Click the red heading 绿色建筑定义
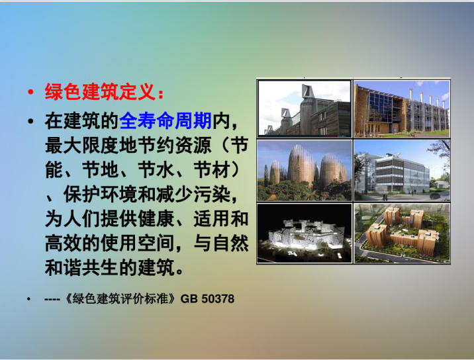tap(100, 91)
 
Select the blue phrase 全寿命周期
tap(166, 121)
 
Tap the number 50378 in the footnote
tap(218, 298)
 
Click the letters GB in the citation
tap(189, 298)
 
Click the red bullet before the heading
tap(30, 92)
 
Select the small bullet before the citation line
tap(28, 299)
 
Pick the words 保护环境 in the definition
tap(101, 195)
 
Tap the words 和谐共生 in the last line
tap(82, 267)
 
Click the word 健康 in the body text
tap(156, 218)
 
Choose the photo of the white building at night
tap(305, 234)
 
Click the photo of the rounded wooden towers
tap(305, 171)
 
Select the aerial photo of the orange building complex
tap(402, 234)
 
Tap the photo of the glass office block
tap(402, 171)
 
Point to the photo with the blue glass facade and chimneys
tap(402, 109)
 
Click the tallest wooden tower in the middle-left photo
tap(301, 165)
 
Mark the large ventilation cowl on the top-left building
tap(307, 91)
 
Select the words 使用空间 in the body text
tap(138, 244)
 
